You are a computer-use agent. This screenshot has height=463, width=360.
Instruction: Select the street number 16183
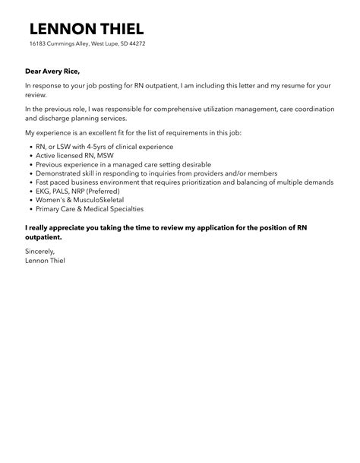pos(38,44)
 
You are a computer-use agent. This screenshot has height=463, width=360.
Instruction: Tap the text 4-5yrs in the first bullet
pos(93,146)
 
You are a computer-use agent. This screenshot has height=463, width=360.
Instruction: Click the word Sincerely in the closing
pos(39,251)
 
